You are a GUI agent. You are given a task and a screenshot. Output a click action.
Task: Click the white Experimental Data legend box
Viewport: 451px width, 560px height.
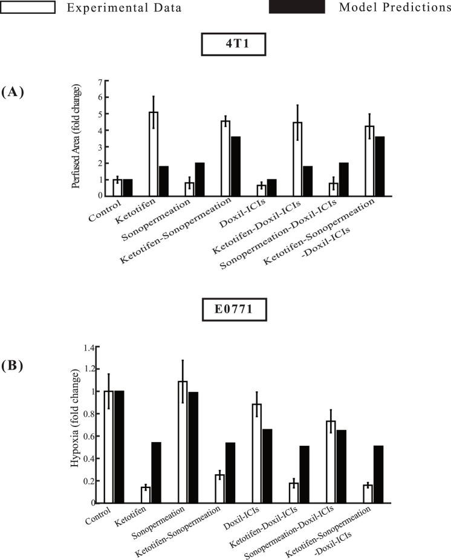pos(28,7)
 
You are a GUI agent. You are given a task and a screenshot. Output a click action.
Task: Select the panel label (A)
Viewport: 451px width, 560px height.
pos(13,92)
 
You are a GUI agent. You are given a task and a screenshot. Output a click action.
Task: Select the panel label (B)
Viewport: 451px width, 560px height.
pos(13,365)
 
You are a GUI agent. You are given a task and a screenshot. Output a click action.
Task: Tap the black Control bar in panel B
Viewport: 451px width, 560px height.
pos(119,446)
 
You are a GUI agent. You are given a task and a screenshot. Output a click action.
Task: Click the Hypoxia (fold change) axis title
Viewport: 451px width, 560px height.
pos(75,426)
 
